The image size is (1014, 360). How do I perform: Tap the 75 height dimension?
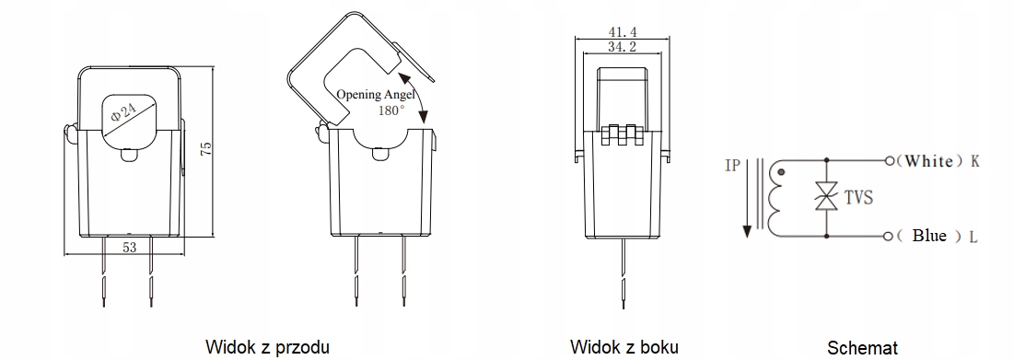(206, 150)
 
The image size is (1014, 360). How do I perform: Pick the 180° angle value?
(391, 110)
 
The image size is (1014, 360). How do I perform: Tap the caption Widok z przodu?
(267, 347)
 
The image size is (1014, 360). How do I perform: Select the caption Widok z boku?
(624, 347)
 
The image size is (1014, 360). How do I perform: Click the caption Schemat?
(862, 348)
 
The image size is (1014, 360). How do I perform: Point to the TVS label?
(857, 197)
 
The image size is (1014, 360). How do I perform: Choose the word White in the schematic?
(928, 161)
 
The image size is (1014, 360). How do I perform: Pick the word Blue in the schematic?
(929, 236)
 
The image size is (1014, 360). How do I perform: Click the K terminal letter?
(974, 161)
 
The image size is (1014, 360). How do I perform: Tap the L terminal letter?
(973, 237)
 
